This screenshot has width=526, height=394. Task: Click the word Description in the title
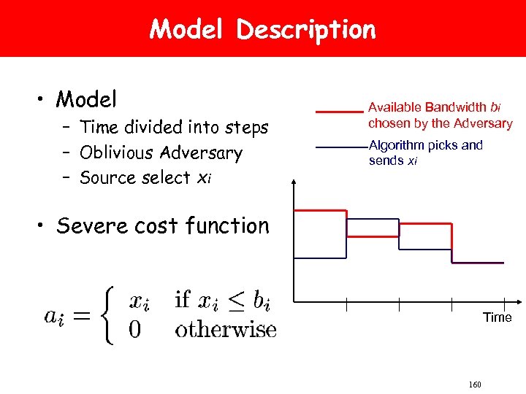306,30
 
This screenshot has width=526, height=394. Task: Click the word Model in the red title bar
188,30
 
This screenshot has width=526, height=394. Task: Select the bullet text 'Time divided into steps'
174,128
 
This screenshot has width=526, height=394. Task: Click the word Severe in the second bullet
92,225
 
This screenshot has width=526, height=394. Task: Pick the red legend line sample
339,112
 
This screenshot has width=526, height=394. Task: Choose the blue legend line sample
339,148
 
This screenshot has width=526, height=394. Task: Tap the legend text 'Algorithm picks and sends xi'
425,152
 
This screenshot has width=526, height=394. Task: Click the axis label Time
497,317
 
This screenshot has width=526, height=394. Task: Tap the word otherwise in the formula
226,329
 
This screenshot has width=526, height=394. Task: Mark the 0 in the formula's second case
135,330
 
